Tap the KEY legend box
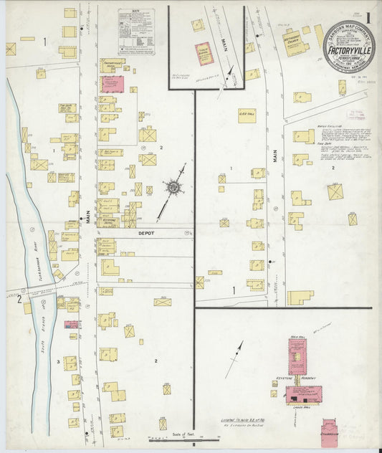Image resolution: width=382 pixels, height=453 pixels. click(136, 32)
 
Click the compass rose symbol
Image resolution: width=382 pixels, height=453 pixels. click(173, 188)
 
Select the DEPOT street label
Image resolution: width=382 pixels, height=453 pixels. click(146, 233)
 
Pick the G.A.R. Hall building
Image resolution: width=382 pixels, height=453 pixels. click(247, 115)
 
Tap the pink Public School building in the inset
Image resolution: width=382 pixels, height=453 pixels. click(204, 52)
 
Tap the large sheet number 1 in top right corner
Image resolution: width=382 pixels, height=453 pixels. click(367, 14)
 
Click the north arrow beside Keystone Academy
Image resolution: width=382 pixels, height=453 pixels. click(234, 358)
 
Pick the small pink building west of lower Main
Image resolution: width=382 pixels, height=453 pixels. click(72, 325)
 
